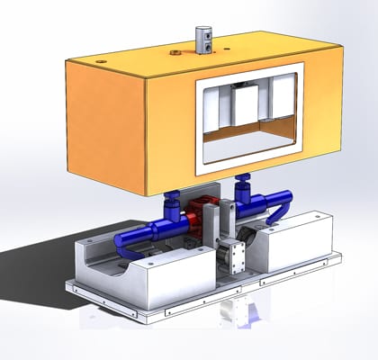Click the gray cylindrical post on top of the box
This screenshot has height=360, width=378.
(203, 38)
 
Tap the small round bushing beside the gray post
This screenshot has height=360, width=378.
(173, 52)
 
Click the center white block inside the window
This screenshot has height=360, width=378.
(244, 106)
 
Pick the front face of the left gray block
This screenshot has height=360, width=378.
(180, 283)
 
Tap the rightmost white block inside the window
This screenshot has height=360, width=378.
(282, 100)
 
